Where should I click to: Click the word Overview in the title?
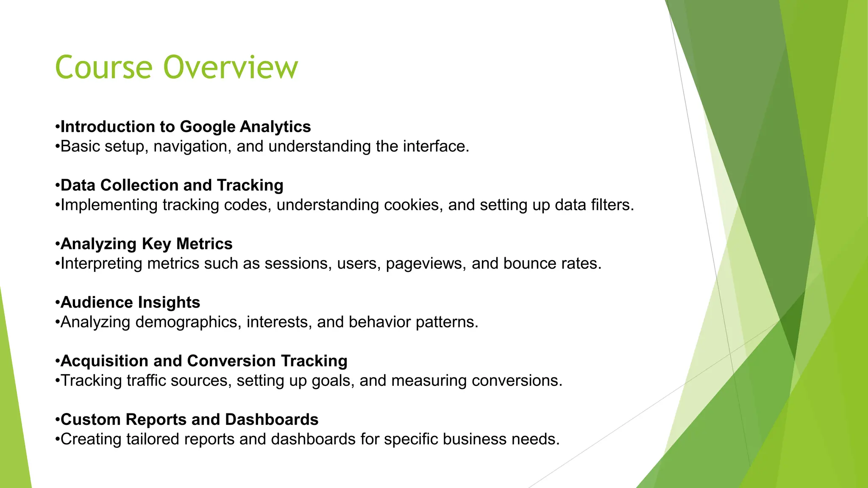pos(231,68)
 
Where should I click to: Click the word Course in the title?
pos(104,68)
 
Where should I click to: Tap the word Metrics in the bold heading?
pos(204,244)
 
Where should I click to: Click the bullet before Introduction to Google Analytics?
pos(57,127)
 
